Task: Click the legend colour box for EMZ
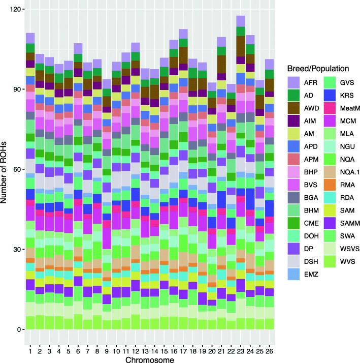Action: point(294,274)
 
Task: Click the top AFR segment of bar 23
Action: point(241,21)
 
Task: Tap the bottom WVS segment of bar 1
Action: point(30,322)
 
